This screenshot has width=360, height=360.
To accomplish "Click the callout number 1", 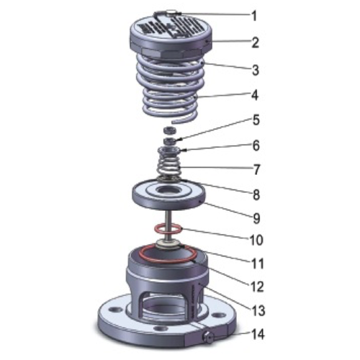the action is [x=254, y=16].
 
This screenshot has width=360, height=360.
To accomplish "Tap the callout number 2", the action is [x=255, y=42].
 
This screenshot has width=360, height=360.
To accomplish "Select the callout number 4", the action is [x=254, y=95].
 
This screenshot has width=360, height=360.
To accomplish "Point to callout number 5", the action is [x=256, y=120].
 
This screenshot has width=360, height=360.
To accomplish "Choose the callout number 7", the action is [x=256, y=170].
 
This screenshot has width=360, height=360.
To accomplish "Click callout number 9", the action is [x=256, y=218].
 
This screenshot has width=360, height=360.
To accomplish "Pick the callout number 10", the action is [x=256, y=240].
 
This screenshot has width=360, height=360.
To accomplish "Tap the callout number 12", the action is [x=257, y=287].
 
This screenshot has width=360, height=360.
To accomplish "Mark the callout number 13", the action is [x=258, y=311].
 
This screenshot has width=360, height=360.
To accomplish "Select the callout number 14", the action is [x=258, y=334].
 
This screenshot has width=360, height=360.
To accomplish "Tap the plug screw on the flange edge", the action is [x=208, y=339].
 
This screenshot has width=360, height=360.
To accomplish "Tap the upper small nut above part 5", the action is [x=170, y=130].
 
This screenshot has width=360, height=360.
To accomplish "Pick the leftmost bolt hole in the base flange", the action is [x=112, y=309].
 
